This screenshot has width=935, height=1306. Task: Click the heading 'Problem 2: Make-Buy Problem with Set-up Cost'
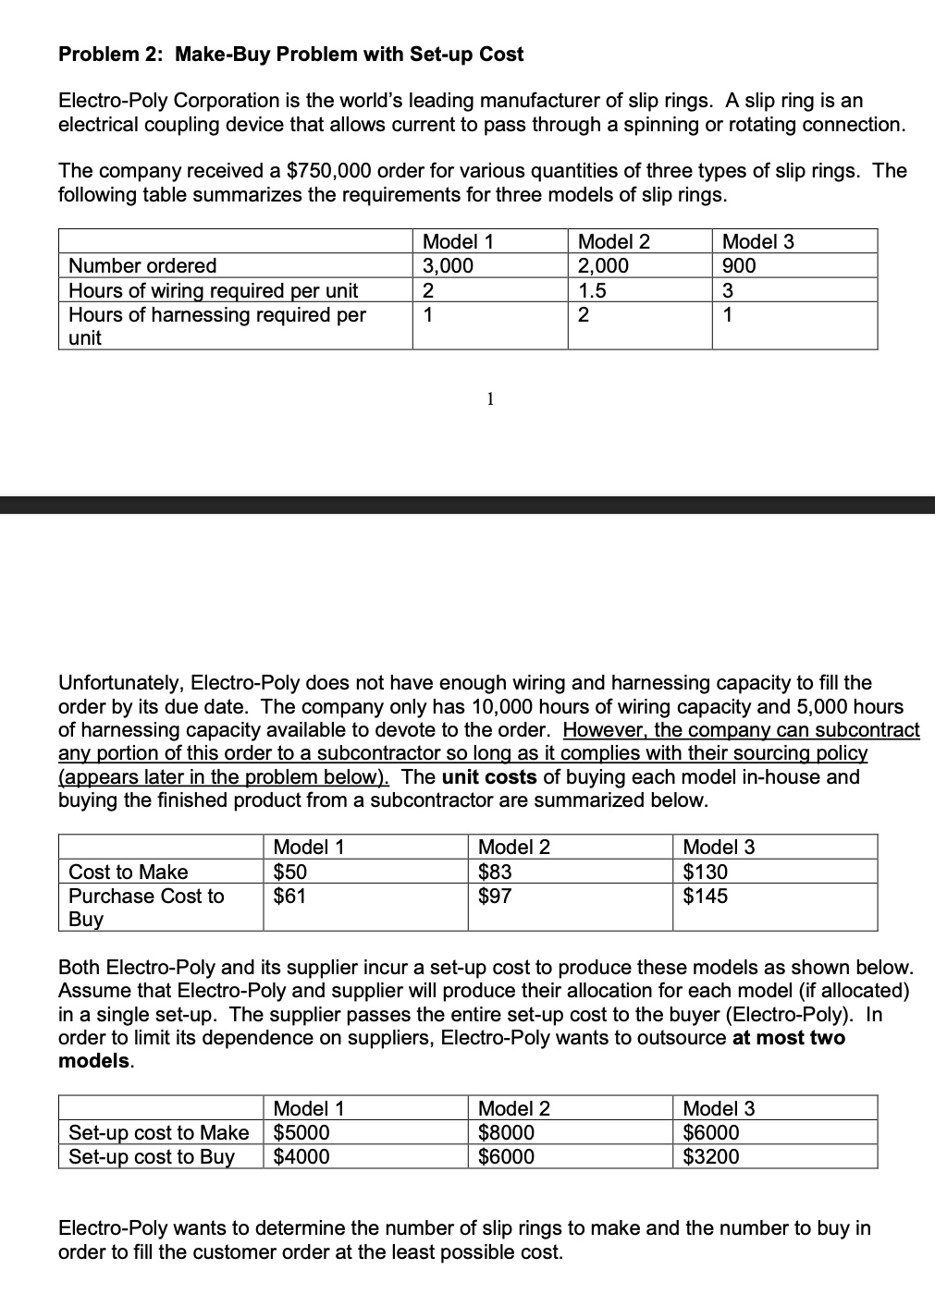click(x=290, y=55)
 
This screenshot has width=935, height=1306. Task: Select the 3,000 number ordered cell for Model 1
click(x=448, y=266)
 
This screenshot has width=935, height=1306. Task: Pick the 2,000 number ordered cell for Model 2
click(x=603, y=266)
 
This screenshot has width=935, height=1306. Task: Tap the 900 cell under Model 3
click(x=739, y=266)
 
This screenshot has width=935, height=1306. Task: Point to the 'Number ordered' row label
click(x=142, y=266)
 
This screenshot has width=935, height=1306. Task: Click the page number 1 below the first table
click(x=490, y=399)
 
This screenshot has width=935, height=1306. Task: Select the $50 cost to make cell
click(x=291, y=872)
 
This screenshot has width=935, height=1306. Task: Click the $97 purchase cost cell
click(x=495, y=896)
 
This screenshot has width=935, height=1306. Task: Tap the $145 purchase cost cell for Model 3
click(x=705, y=896)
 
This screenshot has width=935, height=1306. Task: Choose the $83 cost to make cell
click(x=495, y=872)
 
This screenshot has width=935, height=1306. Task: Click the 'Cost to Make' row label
click(x=129, y=872)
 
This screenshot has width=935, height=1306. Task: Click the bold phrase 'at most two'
click(x=788, y=1038)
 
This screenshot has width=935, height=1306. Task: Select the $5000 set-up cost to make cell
click(x=301, y=1132)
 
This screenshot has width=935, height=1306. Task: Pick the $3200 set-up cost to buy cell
click(x=711, y=1156)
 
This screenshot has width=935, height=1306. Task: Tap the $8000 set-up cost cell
click(x=506, y=1132)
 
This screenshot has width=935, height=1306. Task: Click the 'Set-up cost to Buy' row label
click(x=152, y=1156)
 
